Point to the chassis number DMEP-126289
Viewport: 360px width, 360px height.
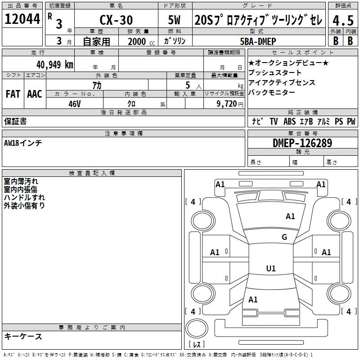[302, 143]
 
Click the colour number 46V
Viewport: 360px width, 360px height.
[74, 103]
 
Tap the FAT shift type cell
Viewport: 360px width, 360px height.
[13, 94]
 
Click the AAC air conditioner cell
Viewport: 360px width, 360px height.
[34, 94]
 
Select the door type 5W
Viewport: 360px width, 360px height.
[175, 20]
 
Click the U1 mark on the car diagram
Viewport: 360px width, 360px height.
[270, 268]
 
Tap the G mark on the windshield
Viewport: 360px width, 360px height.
[284, 237]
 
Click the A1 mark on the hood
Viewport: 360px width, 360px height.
[290, 216]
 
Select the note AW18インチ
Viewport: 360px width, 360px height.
[23, 143]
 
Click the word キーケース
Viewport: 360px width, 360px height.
[23, 336]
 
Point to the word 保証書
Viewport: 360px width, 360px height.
[15, 121]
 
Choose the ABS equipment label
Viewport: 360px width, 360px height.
[290, 121]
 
